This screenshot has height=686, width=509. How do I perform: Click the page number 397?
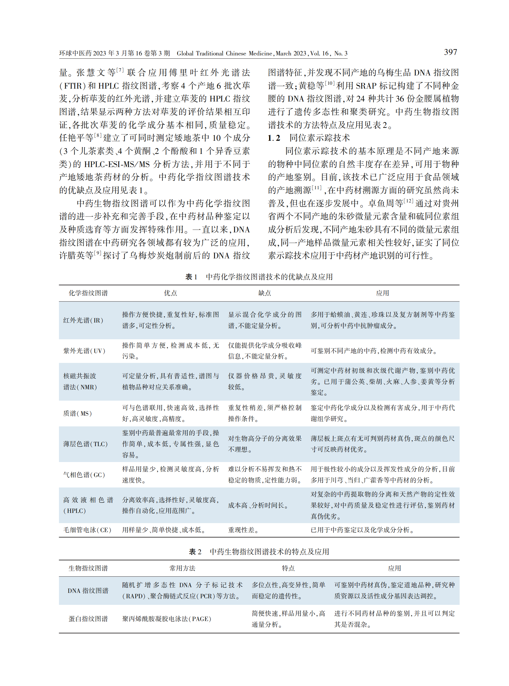coord(450,52)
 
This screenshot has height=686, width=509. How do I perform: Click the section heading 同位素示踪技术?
coord(319,138)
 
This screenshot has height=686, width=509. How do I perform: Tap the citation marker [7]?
coord(120,70)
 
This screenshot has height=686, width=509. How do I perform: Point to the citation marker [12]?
coord(408,201)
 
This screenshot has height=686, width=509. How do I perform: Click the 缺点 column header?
coord(264,293)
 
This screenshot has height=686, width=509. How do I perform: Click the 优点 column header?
coord(170,293)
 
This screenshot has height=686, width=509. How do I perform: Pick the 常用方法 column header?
coord(182,568)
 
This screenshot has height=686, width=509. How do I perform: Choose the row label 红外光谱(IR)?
coord(83,320)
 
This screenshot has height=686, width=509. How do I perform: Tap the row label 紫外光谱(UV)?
coord(84,351)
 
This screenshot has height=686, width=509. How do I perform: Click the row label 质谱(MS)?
coord(77,413)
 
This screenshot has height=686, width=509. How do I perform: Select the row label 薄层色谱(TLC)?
coord(85,444)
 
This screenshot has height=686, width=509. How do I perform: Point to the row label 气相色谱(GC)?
coord(84,475)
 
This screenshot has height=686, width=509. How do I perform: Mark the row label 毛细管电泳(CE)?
coord(87,530)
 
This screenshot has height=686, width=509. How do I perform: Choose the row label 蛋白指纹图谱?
coord(88,619)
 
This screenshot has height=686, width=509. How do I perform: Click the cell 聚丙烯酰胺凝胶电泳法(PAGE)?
coord(167,619)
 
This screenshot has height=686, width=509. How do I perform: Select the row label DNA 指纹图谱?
coord(88,590)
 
